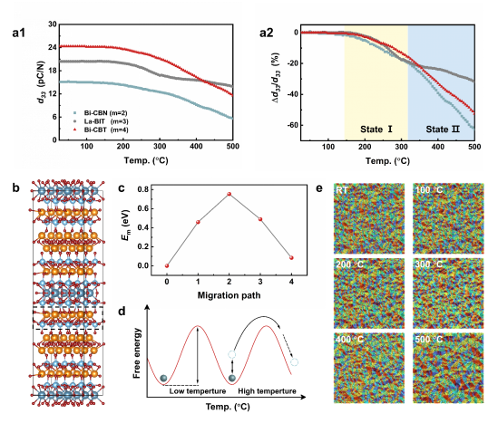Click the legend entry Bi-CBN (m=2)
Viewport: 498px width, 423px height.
[x=101, y=113]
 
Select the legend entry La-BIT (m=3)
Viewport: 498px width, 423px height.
[x=101, y=121]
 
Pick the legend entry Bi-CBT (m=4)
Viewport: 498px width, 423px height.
[x=101, y=130]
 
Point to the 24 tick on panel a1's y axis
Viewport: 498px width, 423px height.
[x=53, y=47]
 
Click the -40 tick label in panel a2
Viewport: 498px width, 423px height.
[x=292, y=94]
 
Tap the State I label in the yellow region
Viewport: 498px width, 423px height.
[x=376, y=130]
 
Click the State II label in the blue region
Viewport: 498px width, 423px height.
[x=443, y=130]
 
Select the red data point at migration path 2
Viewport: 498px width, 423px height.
[x=229, y=194]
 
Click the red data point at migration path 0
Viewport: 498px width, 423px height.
[x=167, y=265]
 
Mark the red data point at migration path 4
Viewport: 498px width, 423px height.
[x=291, y=258]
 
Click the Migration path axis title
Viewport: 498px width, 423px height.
[x=229, y=295]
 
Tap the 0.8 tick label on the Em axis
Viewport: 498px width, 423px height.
[x=143, y=189]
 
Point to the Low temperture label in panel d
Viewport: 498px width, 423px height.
[x=197, y=391]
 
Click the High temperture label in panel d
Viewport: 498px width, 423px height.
[x=267, y=391]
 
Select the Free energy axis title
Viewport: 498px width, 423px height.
[x=137, y=353]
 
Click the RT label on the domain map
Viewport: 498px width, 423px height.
[x=341, y=190]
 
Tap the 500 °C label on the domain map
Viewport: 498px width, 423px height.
[x=428, y=340]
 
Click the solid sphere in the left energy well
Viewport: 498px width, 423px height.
[x=163, y=379]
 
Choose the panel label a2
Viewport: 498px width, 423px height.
[x=266, y=33]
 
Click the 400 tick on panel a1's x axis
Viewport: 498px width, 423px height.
[x=196, y=146]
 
